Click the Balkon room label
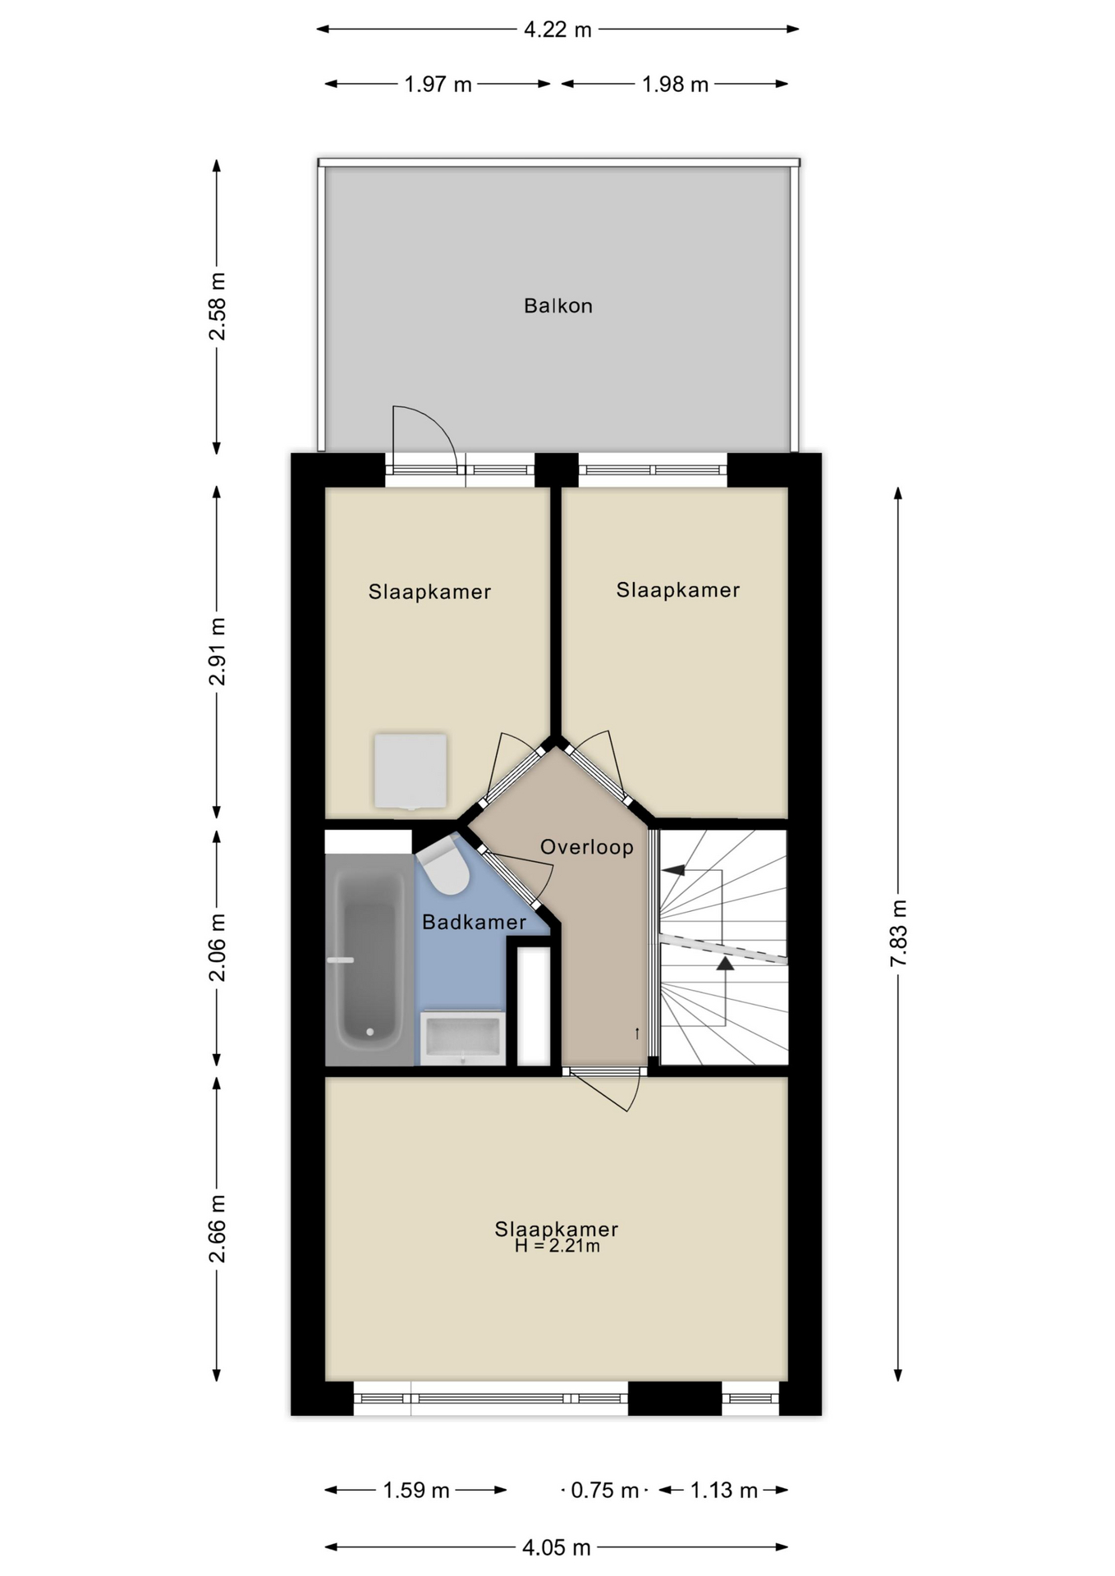coord(557,306)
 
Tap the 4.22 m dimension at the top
coord(557,30)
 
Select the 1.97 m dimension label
coord(438,85)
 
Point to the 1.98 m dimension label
coord(675,85)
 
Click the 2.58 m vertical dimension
coord(217,306)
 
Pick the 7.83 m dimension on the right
coord(898,933)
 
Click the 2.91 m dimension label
coord(217,652)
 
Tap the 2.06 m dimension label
coord(217,947)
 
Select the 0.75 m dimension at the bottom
coord(604,1490)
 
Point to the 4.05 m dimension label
coord(557,1547)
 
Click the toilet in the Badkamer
coord(445,867)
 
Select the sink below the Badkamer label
coord(462,1037)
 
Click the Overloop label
coord(586,847)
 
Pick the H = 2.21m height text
coord(557,1247)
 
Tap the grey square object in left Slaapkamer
coord(411,771)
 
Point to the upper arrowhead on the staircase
coord(674,870)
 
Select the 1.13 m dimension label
coord(723,1490)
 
